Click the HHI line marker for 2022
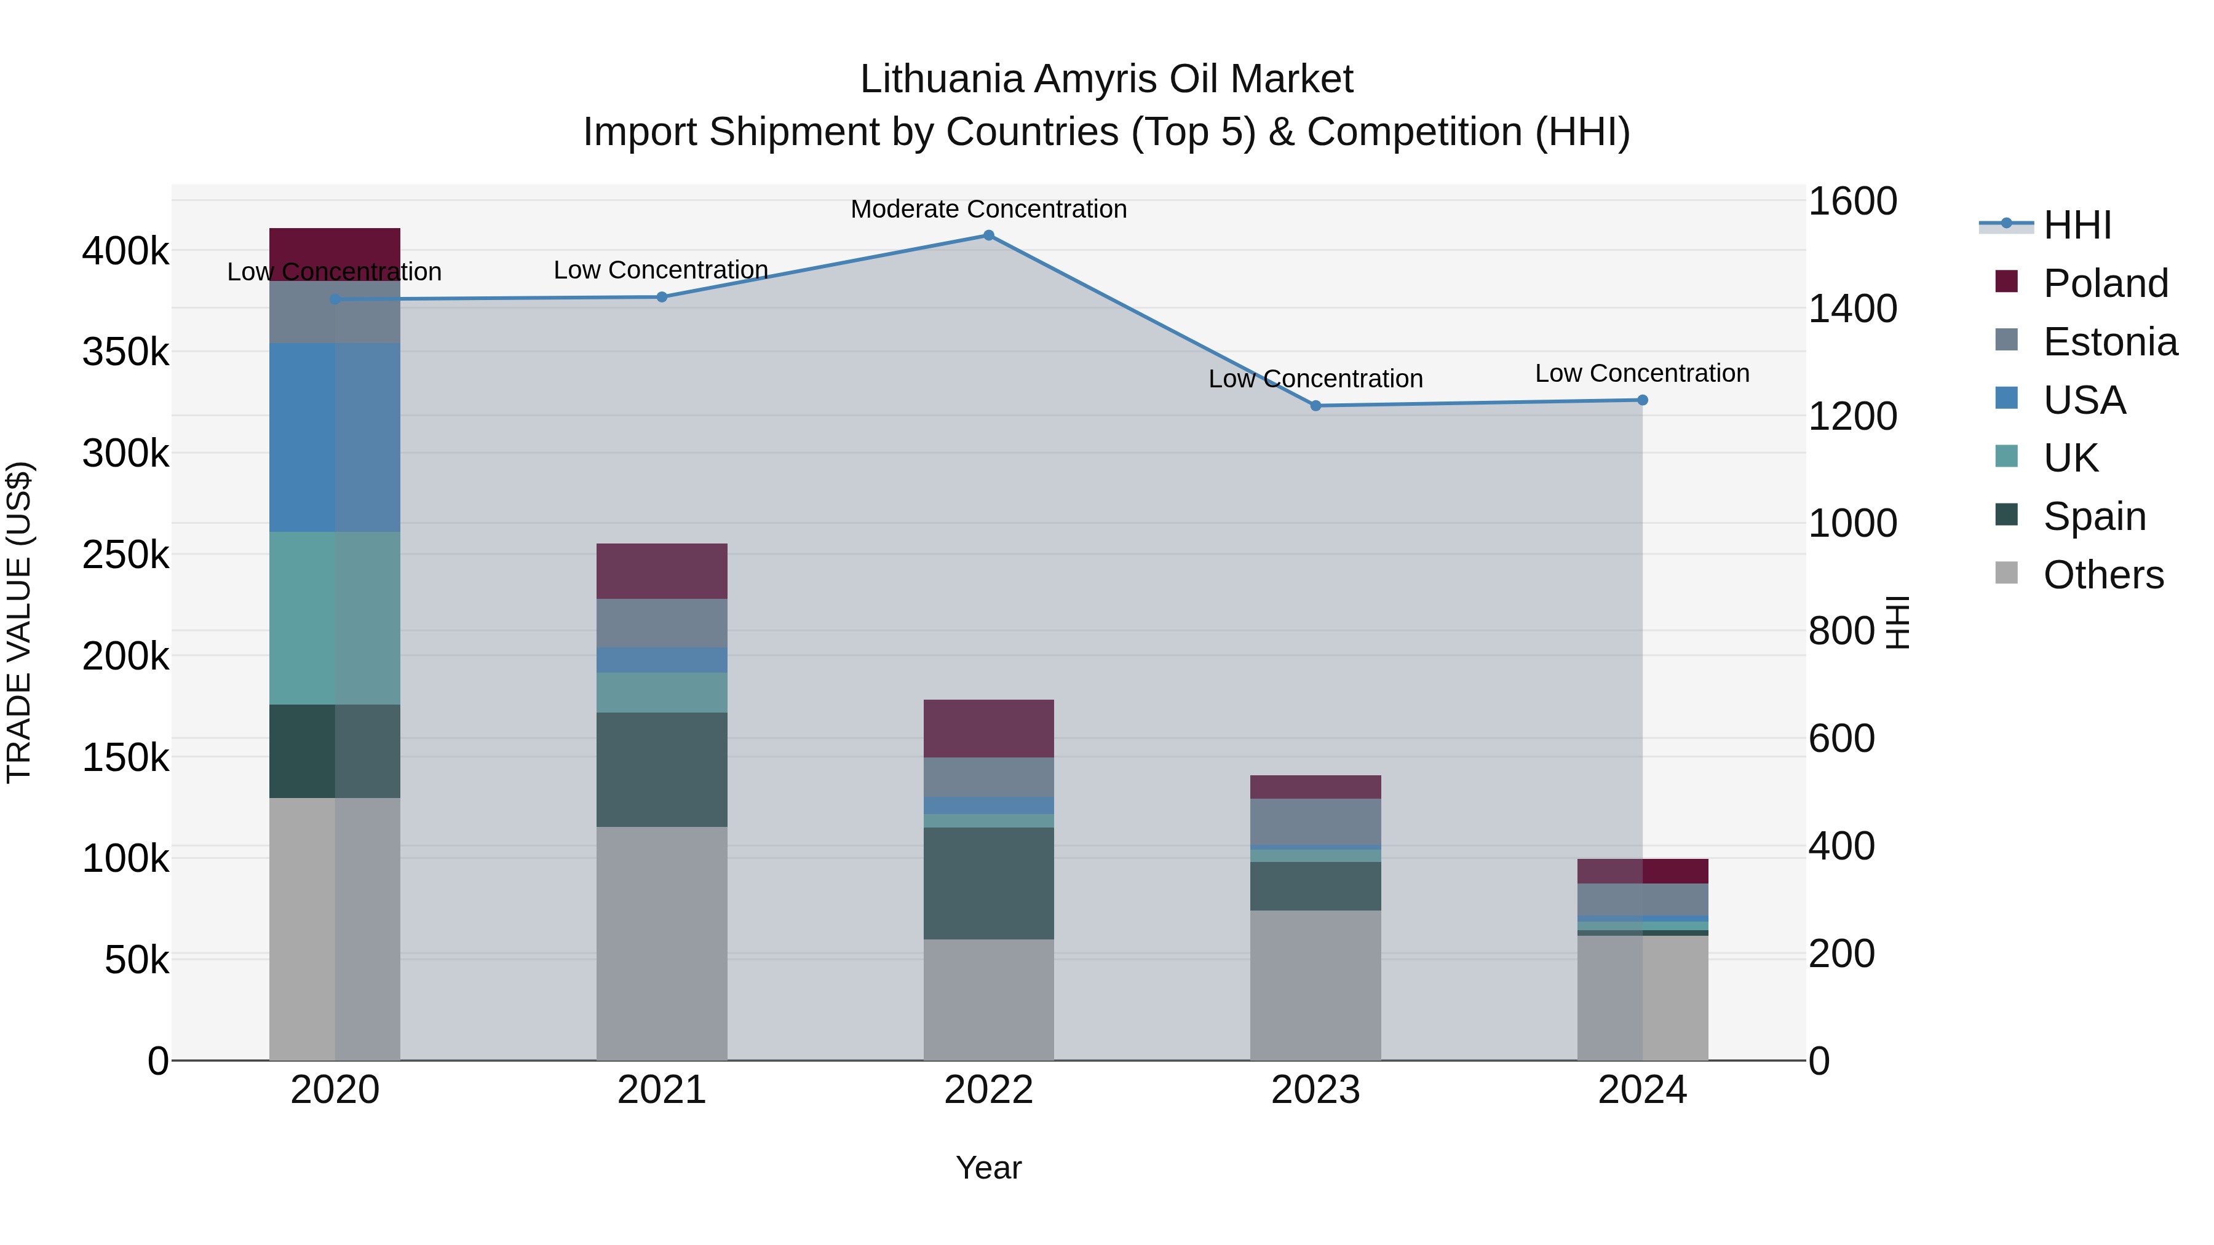[x=988, y=235]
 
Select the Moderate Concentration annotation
[x=988, y=209]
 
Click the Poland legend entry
[x=2105, y=283]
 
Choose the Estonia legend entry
[x=2110, y=342]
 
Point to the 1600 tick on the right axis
[x=1852, y=201]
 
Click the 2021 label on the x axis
[x=662, y=1089]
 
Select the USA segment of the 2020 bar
[x=335, y=437]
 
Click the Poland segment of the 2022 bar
[x=988, y=728]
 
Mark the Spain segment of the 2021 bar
[x=662, y=769]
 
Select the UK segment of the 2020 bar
[x=335, y=618]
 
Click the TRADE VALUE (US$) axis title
[x=20, y=622]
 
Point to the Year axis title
[x=988, y=1168]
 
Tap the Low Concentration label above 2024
[x=1641, y=374]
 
